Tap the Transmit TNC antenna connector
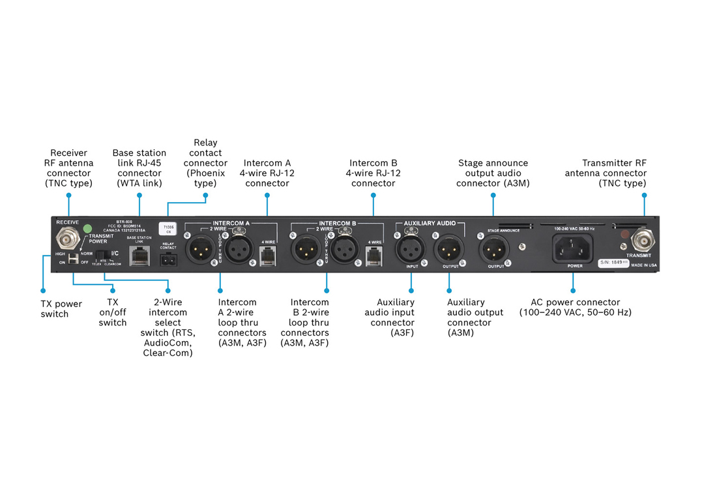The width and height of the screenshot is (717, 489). (x=642, y=241)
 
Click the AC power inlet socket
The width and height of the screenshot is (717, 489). (x=573, y=248)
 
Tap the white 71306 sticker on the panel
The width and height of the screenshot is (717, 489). (x=168, y=228)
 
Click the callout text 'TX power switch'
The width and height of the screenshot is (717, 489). (x=59, y=309)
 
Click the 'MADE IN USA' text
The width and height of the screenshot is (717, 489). (x=643, y=266)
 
